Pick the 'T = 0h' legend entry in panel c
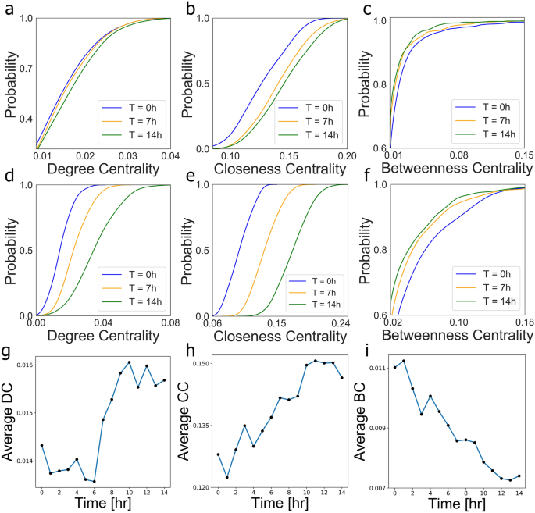(489, 107)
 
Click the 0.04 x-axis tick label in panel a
(169, 156)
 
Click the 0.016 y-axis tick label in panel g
(24, 365)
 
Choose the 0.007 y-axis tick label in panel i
(377, 488)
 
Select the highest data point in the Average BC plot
(404, 361)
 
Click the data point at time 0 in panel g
(41, 445)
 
